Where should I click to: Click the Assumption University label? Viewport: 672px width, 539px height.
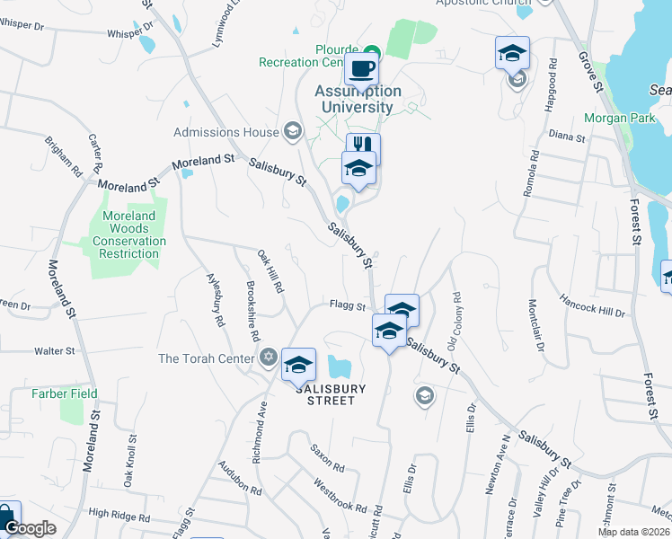(358, 99)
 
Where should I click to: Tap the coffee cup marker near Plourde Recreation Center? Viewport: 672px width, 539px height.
(361, 68)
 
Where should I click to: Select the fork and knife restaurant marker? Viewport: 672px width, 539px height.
(364, 147)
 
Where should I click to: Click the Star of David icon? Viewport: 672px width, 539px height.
(268, 358)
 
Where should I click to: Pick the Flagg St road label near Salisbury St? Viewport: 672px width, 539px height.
(347, 306)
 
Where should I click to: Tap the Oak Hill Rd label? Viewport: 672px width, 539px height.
(270, 273)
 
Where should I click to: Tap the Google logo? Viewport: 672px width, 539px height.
(30, 528)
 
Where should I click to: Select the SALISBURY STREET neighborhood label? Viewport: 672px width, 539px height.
(331, 394)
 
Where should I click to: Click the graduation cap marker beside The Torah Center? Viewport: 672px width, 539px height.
(298, 365)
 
